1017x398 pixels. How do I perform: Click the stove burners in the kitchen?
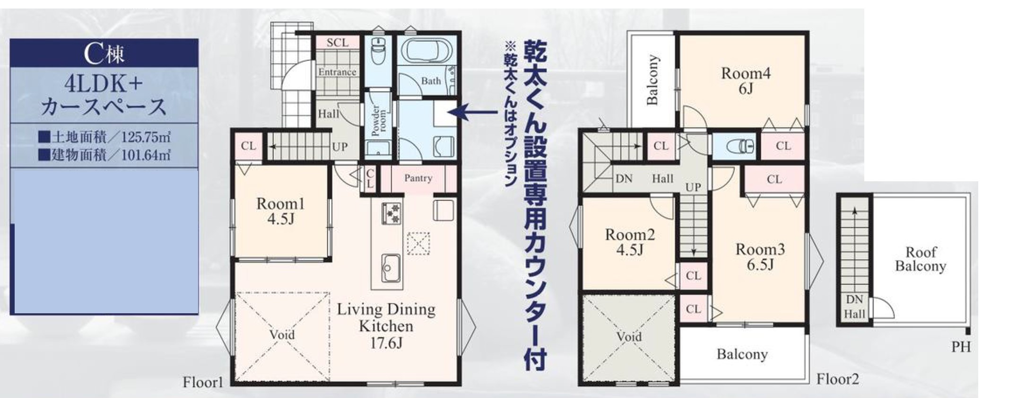click(x=391, y=213)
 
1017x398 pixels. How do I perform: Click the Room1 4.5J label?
click(x=280, y=211)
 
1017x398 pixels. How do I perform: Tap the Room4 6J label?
click(x=746, y=80)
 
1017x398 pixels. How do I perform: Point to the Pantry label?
click(x=418, y=178)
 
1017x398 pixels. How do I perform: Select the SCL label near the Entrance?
click(x=338, y=43)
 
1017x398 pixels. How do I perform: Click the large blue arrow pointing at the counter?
click(x=473, y=112)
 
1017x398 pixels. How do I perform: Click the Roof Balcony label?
click(x=920, y=259)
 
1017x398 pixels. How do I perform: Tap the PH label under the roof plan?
click(x=961, y=347)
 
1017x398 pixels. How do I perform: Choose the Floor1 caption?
click(x=203, y=382)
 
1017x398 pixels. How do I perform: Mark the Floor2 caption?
click(x=837, y=379)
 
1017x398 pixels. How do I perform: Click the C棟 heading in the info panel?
click(x=104, y=53)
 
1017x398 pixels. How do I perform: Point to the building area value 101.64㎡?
click(x=146, y=155)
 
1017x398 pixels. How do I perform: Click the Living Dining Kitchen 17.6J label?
click(x=386, y=326)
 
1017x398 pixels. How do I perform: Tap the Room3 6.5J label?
click(x=760, y=256)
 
